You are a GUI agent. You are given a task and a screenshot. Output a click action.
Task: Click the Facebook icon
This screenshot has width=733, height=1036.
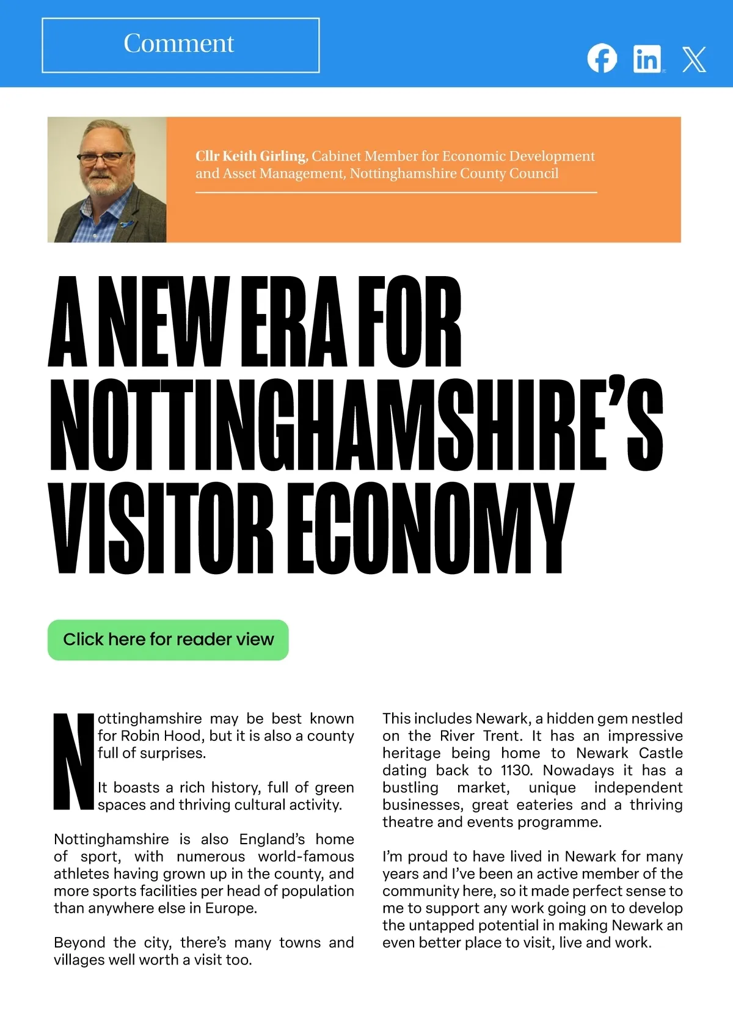point(602,59)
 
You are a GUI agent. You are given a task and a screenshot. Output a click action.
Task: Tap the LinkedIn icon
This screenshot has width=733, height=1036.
point(647,59)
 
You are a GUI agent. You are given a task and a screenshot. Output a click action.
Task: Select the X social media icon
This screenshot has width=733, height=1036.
point(694,59)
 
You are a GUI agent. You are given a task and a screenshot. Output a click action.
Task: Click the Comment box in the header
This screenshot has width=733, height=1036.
point(180,45)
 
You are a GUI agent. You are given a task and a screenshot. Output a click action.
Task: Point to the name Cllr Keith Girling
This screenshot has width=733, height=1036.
point(250,156)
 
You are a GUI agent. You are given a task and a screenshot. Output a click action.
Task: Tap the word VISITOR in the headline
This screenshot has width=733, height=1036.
point(161,529)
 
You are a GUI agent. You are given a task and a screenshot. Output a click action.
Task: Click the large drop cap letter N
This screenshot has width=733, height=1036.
point(74,761)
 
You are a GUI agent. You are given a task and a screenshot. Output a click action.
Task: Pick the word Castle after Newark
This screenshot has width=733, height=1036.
point(660,753)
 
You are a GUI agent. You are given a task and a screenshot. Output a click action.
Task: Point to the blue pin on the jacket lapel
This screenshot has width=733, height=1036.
point(126,224)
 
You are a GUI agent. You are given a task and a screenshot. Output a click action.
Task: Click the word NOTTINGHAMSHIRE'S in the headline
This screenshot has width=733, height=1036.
point(356,425)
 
